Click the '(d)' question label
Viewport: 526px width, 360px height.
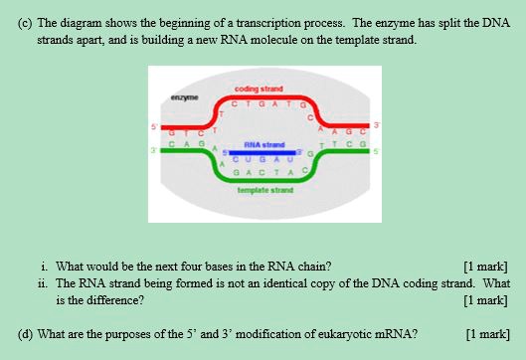(x=28, y=334)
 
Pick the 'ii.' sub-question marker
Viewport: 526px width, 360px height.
(x=45, y=281)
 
